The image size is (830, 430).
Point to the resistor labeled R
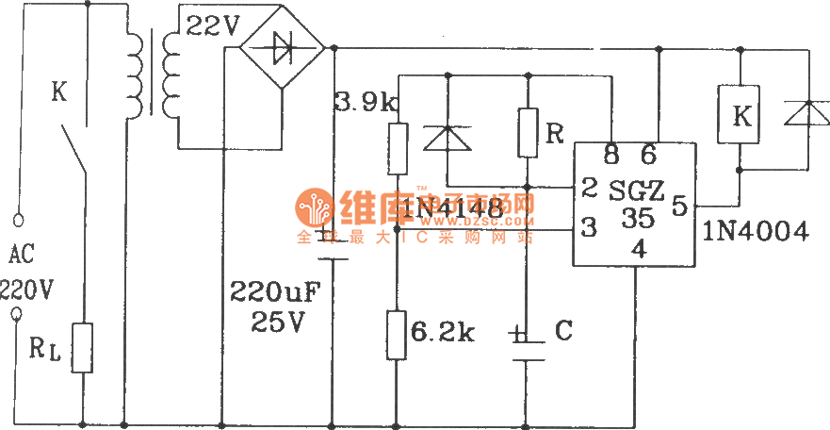click(x=528, y=132)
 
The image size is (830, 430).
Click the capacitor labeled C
click(x=528, y=345)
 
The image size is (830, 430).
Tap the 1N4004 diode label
click(x=755, y=231)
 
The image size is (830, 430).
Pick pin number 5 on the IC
click(x=678, y=205)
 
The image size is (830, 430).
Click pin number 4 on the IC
click(x=638, y=249)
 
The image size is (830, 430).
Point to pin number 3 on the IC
click(x=589, y=228)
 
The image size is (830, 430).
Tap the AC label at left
click(x=21, y=255)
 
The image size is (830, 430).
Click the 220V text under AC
click(x=25, y=289)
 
